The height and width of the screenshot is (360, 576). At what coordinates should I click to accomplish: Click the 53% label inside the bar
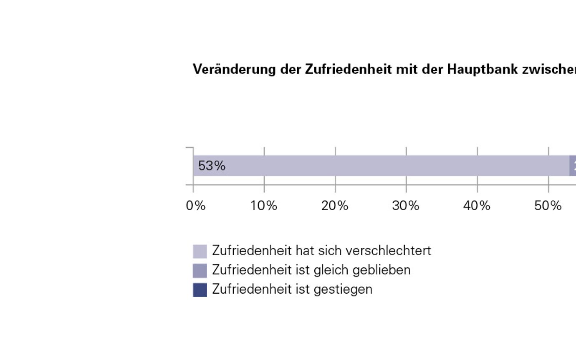[x=212, y=166]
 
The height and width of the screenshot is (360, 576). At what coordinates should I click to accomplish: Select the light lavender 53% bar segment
[x=376, y=166]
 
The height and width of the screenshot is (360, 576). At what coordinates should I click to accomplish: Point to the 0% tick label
[x=196, y=206]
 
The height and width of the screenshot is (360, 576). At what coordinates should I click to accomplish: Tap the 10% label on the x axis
[x=264, y=206]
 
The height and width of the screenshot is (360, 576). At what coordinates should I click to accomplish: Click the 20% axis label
[x=335, y=206]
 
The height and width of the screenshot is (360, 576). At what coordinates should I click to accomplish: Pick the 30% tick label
[x=406, y=206]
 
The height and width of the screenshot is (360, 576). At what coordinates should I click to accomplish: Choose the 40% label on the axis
[x=477, y=206]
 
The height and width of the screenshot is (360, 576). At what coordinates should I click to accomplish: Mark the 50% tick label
[x=548, y=206]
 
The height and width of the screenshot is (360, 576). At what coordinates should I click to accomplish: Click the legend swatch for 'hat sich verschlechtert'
[x=200, y=252]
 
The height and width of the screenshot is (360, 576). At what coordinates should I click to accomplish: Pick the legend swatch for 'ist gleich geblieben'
[x=200, y=271]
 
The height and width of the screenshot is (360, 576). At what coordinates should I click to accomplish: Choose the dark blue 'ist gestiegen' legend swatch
[x=200, y=290]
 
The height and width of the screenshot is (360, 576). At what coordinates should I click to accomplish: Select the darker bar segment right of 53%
[x=573, y=166]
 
